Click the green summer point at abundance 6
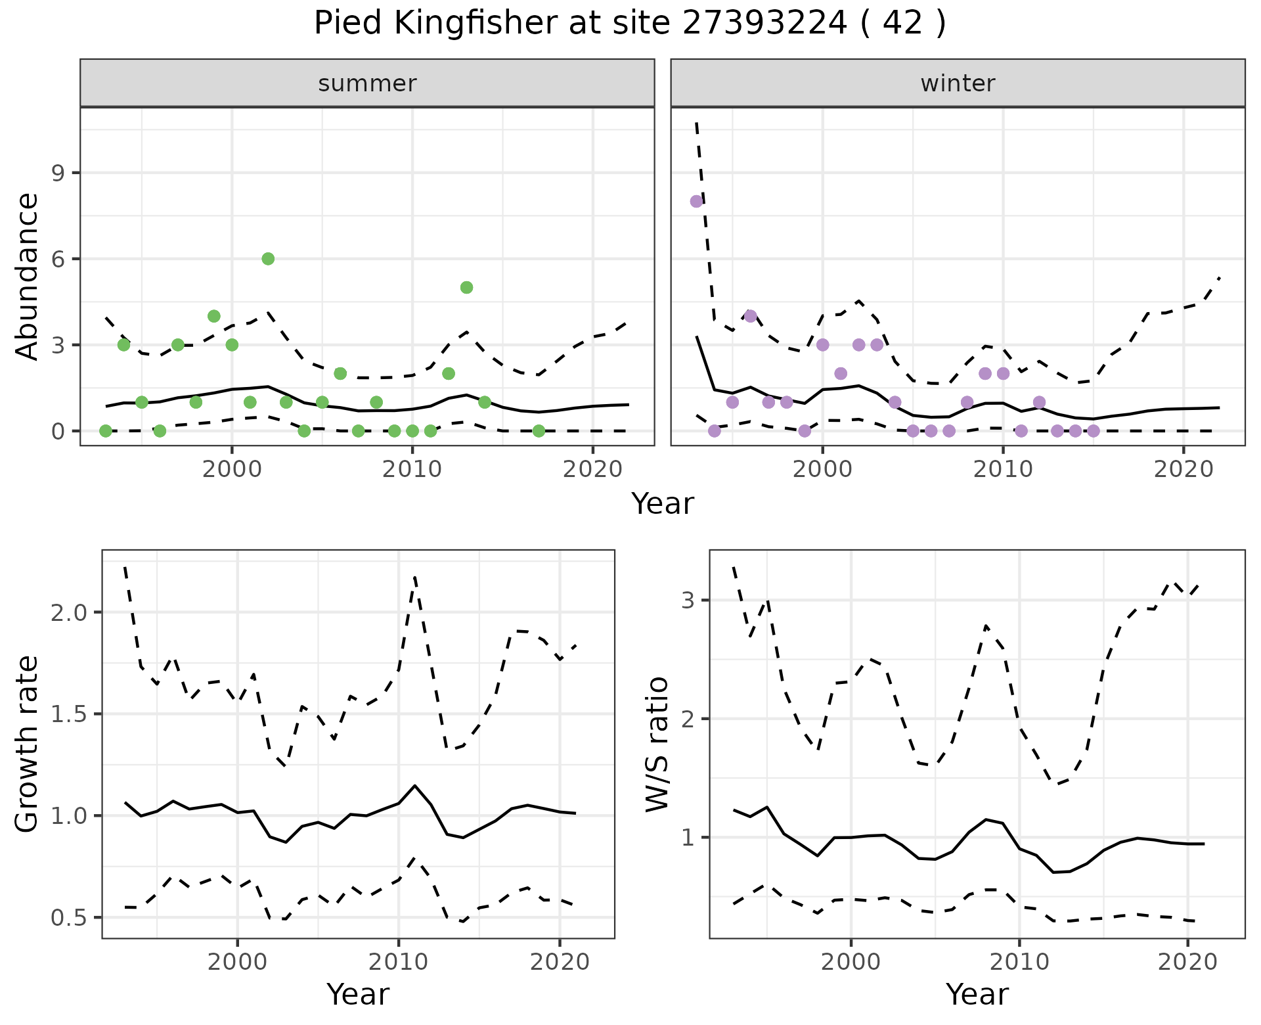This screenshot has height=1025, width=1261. pos(268,259)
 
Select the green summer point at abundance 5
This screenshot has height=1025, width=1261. pos(466,287)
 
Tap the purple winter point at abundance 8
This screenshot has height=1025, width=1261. pos(696,201)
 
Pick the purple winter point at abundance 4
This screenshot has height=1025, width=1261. pos(751,316)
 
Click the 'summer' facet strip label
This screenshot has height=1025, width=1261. pos(367,83)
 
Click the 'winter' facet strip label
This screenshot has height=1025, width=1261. pos(958,83)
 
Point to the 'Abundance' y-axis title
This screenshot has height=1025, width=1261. pos(28,276)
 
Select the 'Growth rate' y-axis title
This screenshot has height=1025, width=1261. pos(28,744)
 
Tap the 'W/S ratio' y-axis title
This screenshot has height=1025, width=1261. pos(657,744)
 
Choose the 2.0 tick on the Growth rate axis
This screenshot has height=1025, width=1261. pos(69,612)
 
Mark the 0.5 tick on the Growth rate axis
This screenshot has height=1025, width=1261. pos(69,918)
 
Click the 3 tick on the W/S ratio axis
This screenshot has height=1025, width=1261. pos(688,600)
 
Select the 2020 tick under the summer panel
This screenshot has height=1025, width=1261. pos(592,470)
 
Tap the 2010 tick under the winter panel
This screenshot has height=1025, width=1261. pos(1003,470)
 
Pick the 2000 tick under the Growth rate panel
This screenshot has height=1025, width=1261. pos(237,963)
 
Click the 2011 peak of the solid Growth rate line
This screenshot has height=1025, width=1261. pos(414,785)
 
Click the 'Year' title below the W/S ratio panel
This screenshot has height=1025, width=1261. pos(977,995)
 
